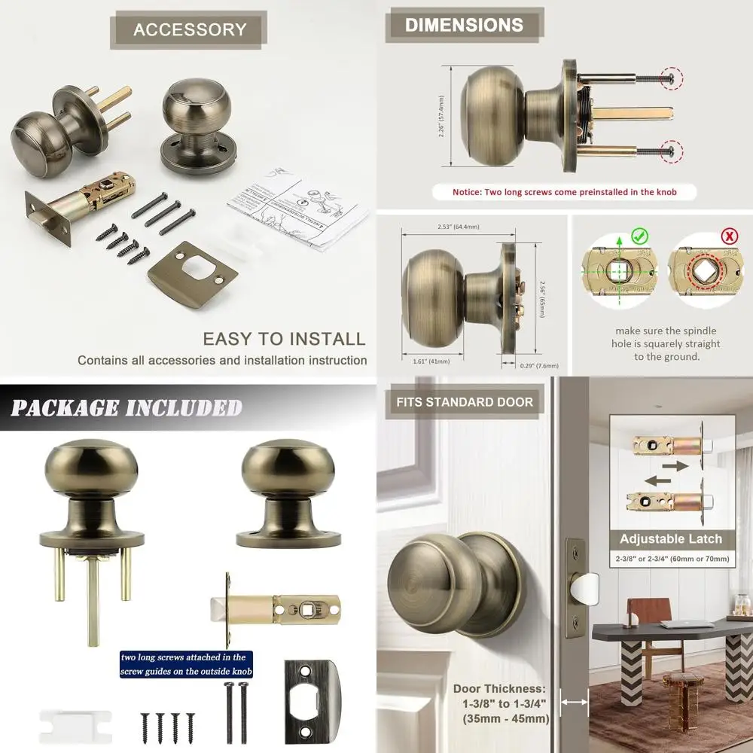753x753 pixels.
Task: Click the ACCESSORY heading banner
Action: pyautogui.click(x=190, y=30)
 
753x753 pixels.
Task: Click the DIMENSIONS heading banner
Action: pyautogui.click(x=464, y=25)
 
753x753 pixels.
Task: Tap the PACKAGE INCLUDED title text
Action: pyautogui.click(x=127, y=407)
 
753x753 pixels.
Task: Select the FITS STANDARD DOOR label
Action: pyautogui.click(x=465, y=402)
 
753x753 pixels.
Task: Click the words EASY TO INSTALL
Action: pyautogui.click(x=284, y=339)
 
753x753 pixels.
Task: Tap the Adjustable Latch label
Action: pyautogui.click(x=670, y=539)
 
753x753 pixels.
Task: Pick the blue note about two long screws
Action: pyautogui.click(x=184, y=664)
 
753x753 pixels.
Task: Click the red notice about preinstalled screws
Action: pyautogui.click(x=564, y=192)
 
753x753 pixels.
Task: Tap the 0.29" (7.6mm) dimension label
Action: pyautogui.click(x=539, y=365)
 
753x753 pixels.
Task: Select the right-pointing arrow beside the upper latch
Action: pyautogui.click(x=675, y=466)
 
